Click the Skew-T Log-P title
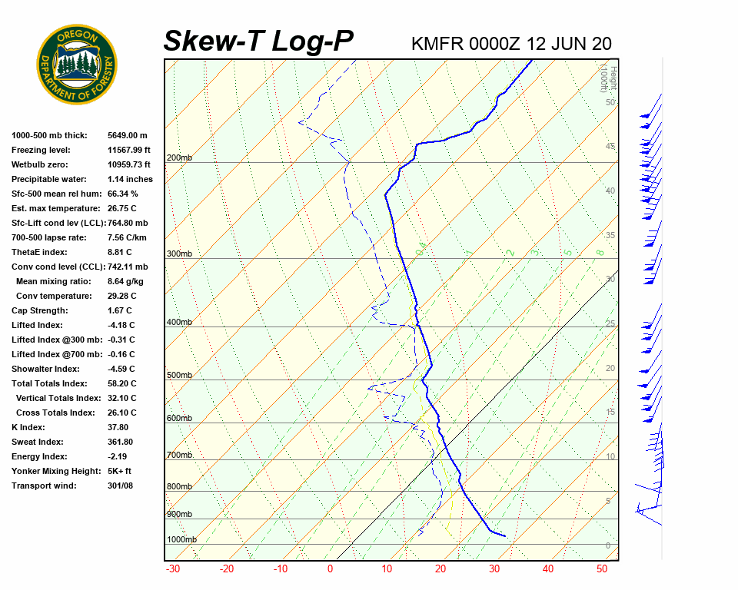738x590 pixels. pos(258,41)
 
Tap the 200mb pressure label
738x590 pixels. pos(179,158)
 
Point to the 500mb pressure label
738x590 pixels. pos(179,376)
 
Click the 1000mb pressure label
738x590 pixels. pos(181,540)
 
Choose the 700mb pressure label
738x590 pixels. pos(179,456)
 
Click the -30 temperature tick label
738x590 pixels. pos(173,569)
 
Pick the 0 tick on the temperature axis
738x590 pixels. pos(330,569)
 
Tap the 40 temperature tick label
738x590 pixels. pos(547,569)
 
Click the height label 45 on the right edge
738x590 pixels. pos(610,147)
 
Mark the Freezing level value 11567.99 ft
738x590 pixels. pos(129,150)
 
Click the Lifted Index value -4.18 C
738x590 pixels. pos(121,325)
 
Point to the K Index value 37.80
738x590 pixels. pos(118,427)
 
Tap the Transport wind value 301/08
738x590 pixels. pos(121,486)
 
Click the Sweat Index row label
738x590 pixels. pos(38,442)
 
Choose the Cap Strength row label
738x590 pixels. pos(40,310)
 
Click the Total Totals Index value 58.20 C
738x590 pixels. pos(122,383)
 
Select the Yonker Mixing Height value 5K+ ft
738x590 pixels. pos(120,471)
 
